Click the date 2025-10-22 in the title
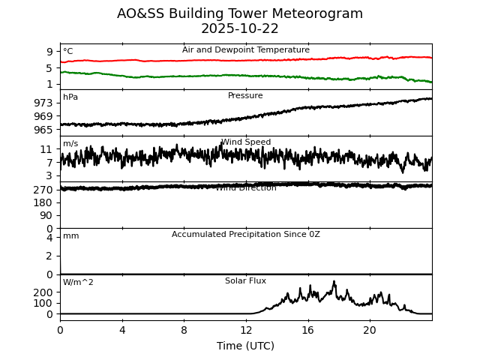pyautogui.click(x=240, y=29)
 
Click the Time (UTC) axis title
pyautogui.click(x=245, y=346)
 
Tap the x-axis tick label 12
pyautogui.click(x=246, y=330)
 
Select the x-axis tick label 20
pyautogui.click(x=370, y=330)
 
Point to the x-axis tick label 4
pyautogui.click(x=122, y=330)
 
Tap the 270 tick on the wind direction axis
pyautogui.click(x=43, y=190)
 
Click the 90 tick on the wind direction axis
pyautogui.click(x=46, y=216)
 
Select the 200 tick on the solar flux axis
pyautogui.click(x=43, y=292)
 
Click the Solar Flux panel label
pyautogui.click(x=245, y=281)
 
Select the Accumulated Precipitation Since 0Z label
pyautogui.click(x=245, y=235)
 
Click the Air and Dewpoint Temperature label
pyautogui.click(x=245, y=50)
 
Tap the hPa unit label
pyautogui.click(x=70, y=97)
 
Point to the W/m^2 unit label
pyautogui.click(x=78, y=283)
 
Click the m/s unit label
pyautogui.click(x=70, y=144)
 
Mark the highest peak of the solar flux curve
pyautogui.click(x=334, y=281)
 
